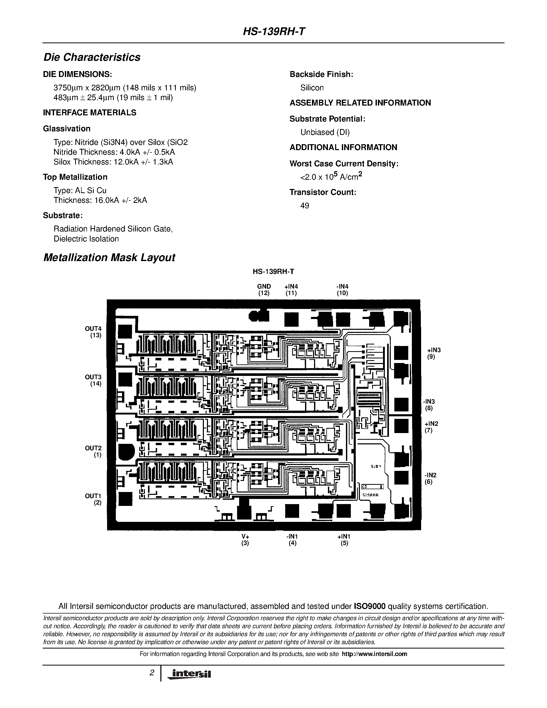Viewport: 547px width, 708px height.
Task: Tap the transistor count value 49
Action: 305,205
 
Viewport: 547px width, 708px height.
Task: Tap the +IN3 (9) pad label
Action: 433,353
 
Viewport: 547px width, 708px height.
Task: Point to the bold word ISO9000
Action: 369,606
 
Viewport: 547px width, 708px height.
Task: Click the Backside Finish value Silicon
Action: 312,88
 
